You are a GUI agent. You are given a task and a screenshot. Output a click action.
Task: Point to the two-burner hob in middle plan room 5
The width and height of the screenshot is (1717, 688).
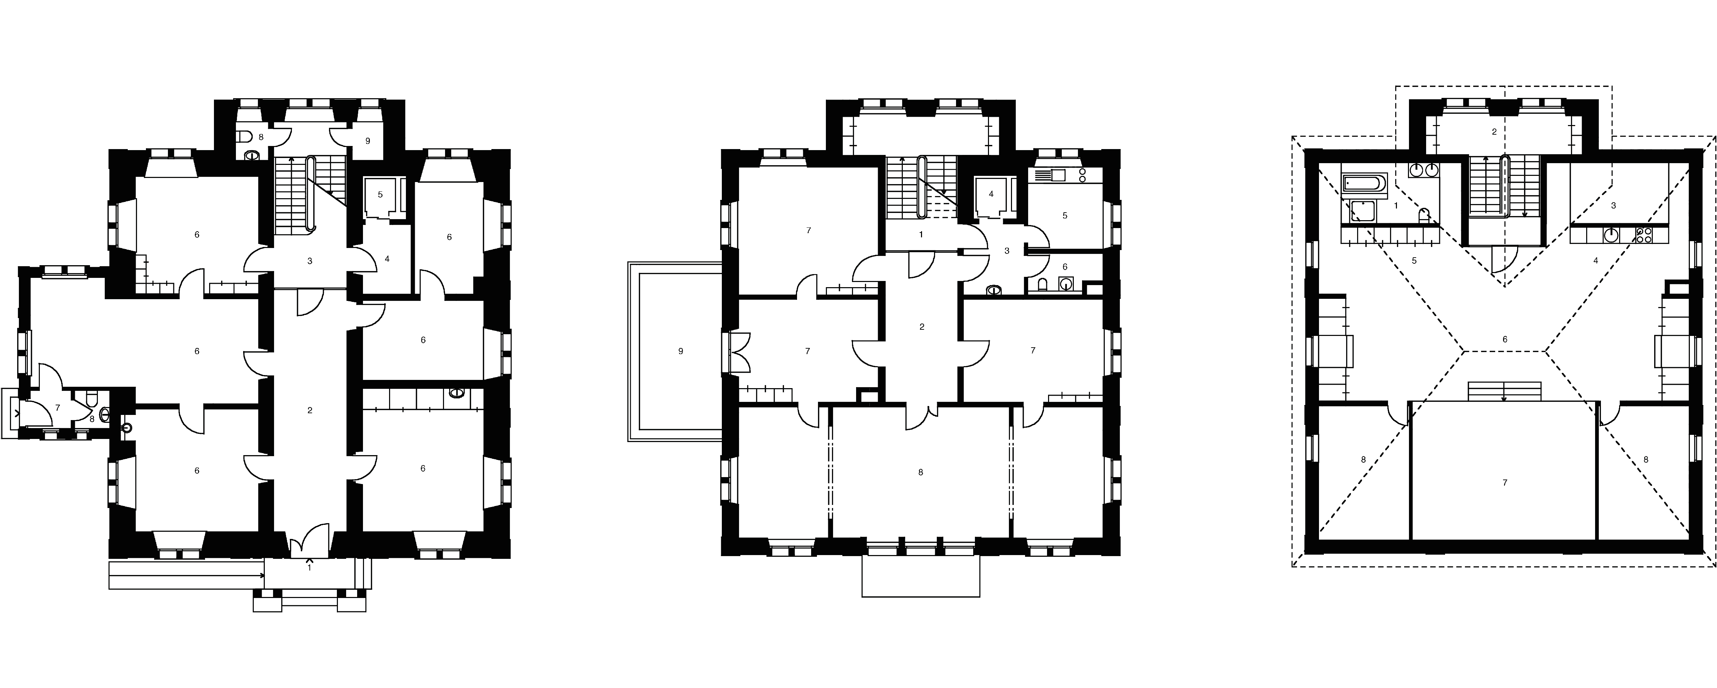click(x=1082, y=175)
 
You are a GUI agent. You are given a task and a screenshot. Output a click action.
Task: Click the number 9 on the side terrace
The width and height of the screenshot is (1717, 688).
click(x=681, y=351)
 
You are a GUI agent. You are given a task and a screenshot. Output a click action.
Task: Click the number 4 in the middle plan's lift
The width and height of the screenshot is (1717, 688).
click(x=991, y=194)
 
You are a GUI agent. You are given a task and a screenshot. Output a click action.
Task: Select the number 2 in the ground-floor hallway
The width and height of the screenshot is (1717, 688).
click(x=310, y=411)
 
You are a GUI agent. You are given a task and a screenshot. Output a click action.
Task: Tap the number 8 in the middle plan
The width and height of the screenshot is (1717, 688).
click(x=921, y=473)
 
